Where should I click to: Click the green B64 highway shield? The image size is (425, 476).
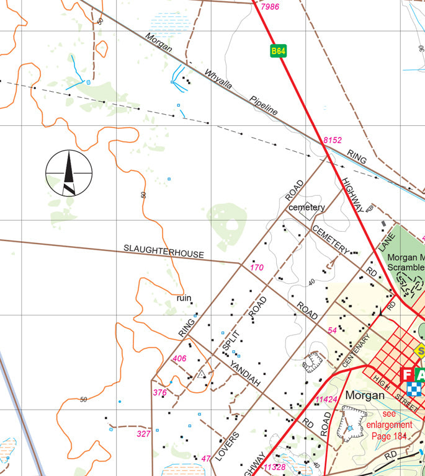[278, 51]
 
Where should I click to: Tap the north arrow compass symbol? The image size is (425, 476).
[69, 173]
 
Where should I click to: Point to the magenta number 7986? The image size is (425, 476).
[271, 7]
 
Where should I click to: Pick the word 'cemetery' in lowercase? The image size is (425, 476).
[306, 207]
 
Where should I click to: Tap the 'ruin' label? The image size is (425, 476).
[184, 298]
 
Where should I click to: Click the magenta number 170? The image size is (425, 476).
[257, 268]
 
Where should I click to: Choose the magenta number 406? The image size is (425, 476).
[179, 358]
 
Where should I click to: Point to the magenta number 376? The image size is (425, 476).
[160, 392]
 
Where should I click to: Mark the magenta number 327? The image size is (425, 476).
[144, 434]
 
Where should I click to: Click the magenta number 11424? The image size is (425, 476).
[326, 399]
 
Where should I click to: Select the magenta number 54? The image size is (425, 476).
[332, 330]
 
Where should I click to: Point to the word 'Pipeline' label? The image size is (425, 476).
[264, 105]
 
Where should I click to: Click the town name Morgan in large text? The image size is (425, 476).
[365, 395]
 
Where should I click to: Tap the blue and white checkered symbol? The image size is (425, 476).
[414, 389]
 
